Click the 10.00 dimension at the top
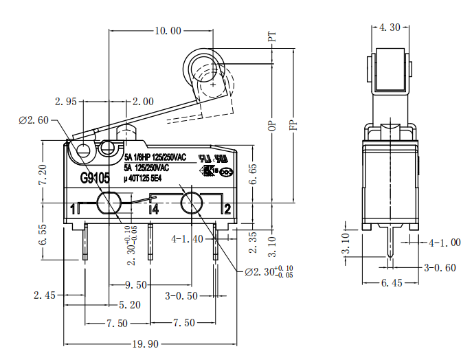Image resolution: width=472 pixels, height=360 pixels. point(168,30)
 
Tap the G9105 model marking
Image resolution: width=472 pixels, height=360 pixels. point(95,179)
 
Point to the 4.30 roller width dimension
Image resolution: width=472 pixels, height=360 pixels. point(390,27)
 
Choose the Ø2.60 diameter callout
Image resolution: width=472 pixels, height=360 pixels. point(34,120)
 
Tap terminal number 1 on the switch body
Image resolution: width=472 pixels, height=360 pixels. point(73,210)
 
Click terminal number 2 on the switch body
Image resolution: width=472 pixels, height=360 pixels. point(227,209)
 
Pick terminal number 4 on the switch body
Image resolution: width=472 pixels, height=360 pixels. point(155,210)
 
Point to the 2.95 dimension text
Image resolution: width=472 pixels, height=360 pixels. point(66,102)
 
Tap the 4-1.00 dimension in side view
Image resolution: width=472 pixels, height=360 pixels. point(445,243)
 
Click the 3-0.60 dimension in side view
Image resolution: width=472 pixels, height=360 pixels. point(440,268)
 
